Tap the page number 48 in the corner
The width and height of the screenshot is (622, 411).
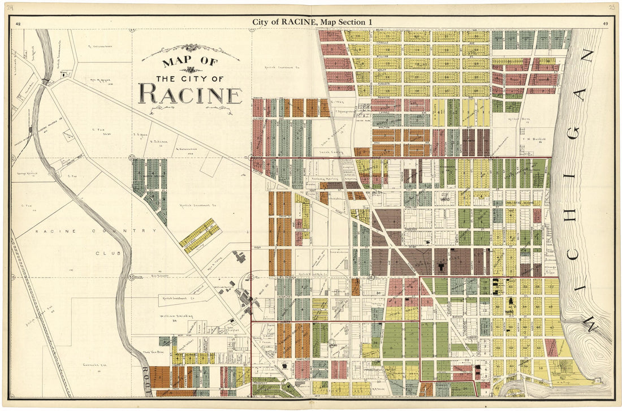[19, 24]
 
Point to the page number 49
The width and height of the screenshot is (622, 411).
[605, 24]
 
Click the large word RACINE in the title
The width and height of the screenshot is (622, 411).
[190, 94]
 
